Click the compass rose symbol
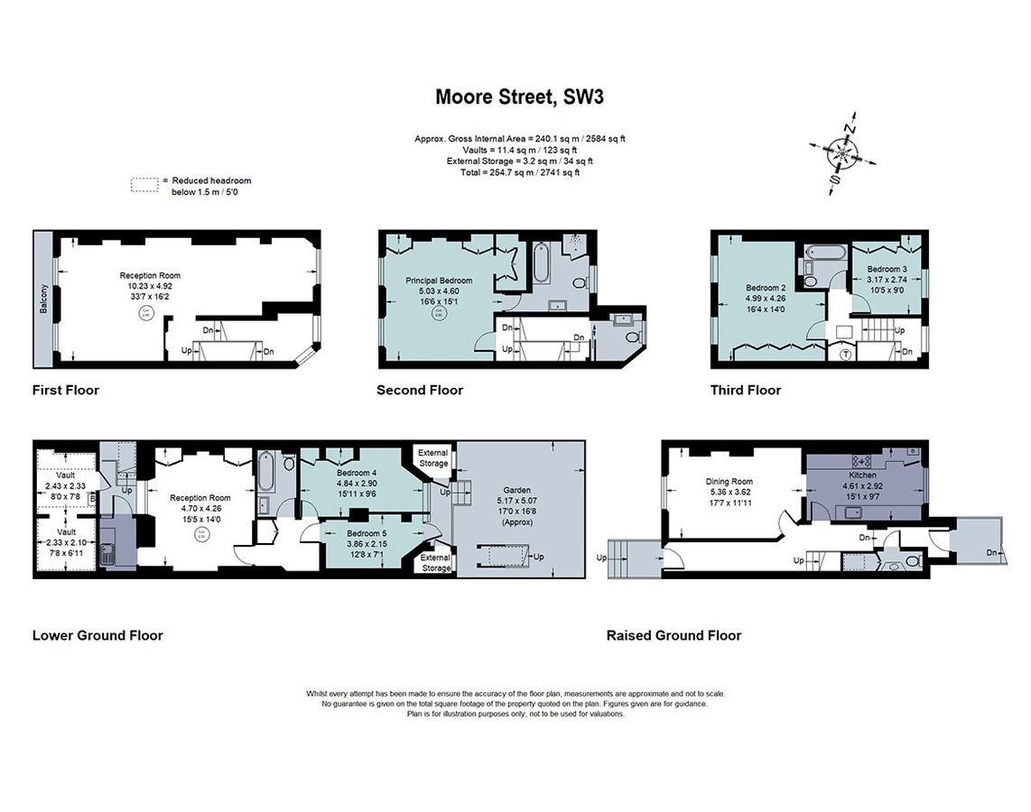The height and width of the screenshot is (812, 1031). pos(841,154)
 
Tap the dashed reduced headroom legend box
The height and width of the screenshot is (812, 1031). pos(144,185)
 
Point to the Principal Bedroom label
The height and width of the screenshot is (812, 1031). pos(438,281)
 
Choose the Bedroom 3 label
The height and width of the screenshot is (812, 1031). pos(887,269)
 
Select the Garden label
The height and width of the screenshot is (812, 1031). pos(511,490)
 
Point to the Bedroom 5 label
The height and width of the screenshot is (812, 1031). pos(367,533)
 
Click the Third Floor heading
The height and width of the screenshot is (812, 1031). pos(745,391)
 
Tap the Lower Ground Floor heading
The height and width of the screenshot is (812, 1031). pos(98,635)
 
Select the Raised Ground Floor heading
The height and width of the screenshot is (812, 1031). pos(673,635)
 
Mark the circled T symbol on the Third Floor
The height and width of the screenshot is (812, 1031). pos(845,354)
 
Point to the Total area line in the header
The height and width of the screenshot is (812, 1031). pos(519,171)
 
